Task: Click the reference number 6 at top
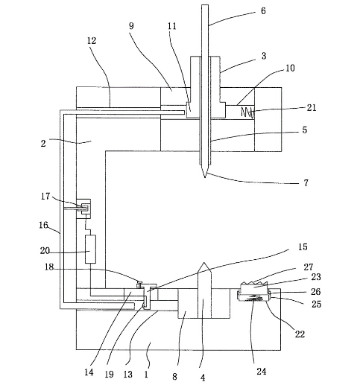coord(263,11)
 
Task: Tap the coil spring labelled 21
coord(247,112)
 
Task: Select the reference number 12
coord(92,40)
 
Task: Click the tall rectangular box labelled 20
coord(90,249)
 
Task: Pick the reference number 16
coord(43,225)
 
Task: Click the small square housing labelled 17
coord(83,209)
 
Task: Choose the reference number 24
coord(262,372)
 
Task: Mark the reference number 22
coord(300,334)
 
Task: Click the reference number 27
coord(309,267)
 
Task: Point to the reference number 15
coord(303,246)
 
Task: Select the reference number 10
coord(290,68)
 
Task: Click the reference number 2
coord(43,143)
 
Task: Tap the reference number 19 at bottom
coord(109,374)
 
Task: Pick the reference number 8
coord(174,376)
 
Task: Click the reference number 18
coord(49,267)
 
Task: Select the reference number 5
coord(305,130)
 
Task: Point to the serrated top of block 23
coord(254,283)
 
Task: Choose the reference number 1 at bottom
coord(146,374)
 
